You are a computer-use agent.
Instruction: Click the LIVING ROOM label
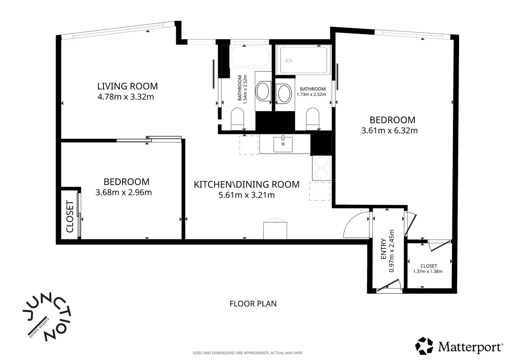[x=128, y=86]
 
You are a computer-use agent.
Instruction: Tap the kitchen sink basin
[x=283, y=144]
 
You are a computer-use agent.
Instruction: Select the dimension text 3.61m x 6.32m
[x=389, y=131]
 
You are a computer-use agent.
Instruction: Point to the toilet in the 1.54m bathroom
[x=237, y=119]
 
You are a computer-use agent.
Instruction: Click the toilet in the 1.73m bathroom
[x=312, y=119]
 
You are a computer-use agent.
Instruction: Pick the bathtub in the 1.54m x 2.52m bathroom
[x=250, y=57]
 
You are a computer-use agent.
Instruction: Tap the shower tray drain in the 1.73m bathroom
[x=288, y=60]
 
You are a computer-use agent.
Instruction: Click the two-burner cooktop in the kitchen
[x=321, y=168]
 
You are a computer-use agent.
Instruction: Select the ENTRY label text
[x=383, y=249]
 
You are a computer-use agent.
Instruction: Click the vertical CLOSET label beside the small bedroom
[x=70, y=217]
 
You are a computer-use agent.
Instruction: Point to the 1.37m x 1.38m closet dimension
[x=428, y=271]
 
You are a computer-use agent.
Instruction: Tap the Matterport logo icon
[x=424, y=346]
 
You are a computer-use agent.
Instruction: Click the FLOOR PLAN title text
[x=253, y=304]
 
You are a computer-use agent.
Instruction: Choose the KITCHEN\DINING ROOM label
[x=247, y=184]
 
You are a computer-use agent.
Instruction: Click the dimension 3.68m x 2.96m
[x=123, y=192]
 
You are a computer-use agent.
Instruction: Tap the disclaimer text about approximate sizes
[x=248, y=353]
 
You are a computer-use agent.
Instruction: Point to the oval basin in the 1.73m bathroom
[x=283, y=93]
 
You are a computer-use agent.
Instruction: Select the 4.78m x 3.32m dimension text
[x=126, y=97]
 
